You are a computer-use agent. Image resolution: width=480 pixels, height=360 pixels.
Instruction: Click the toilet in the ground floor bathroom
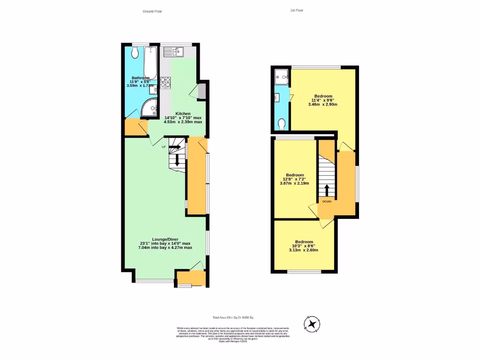(135, 52)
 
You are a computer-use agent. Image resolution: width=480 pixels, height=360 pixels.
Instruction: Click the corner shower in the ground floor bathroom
(150, 107)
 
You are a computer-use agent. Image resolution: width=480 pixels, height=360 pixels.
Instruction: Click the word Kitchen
(183, 113)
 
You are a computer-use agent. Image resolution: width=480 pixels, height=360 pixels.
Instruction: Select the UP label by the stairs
(164, 147)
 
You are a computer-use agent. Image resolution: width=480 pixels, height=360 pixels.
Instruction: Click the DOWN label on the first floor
(327, 201)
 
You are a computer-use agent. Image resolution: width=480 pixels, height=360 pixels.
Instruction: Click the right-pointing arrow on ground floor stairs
(174, 147)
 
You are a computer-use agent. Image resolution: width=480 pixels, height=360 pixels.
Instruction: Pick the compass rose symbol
(312, 324)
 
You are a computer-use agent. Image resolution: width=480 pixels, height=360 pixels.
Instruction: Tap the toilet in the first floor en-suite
(281, 123)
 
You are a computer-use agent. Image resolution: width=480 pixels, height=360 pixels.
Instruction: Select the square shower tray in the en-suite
(281, 75)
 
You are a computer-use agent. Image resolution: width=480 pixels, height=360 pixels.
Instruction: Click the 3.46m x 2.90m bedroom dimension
(323, 105)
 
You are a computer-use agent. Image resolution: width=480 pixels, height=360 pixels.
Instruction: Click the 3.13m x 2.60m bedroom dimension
(303, 250)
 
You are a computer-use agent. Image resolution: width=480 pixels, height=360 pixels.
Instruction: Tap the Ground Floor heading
(152, 11)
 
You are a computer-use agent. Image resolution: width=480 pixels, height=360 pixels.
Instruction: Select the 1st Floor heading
(297, 10)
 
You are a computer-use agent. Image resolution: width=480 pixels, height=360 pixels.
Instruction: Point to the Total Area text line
(232, 318)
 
